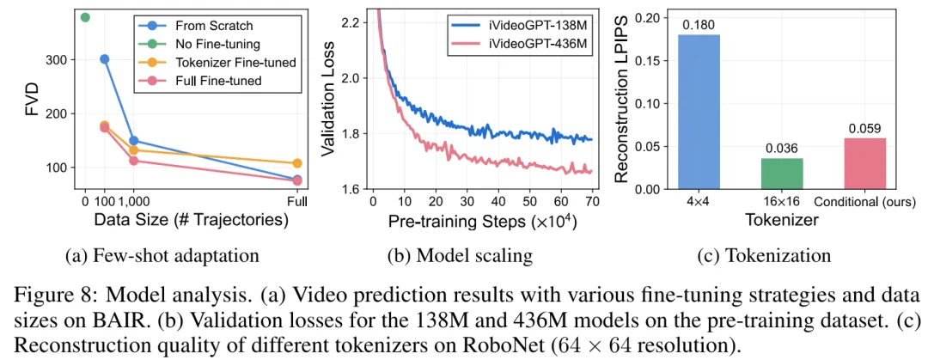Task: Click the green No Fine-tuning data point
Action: coord(84,17)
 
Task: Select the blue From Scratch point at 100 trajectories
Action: coord(104,59)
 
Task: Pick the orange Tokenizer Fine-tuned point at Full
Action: coord(297,163)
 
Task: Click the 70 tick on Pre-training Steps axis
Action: coord(592,201)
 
